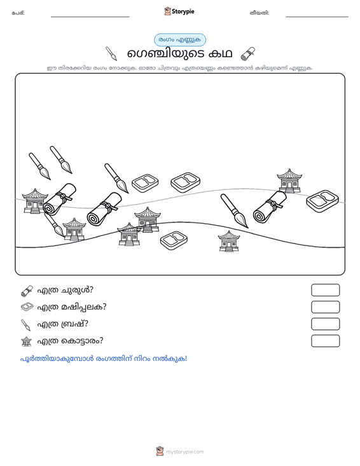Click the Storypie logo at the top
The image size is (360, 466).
pos(179,11)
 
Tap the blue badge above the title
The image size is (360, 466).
pos(180,40)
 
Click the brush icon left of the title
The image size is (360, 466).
pos(111,53)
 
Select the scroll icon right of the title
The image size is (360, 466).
pos(247,53)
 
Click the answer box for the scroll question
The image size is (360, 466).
pos(325,290)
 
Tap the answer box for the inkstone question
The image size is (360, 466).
pos(325,307)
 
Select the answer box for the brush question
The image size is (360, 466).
pos(325,324)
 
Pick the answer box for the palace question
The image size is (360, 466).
pos(325,341)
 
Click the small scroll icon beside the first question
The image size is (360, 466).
pos(27,291)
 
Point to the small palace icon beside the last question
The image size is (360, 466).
pos(27,341)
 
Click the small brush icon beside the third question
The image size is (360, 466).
pos(26,325)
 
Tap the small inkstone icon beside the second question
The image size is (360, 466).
pos(27,307)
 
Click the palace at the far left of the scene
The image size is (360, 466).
pos(35,201)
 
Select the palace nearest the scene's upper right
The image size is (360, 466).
pos(289,181)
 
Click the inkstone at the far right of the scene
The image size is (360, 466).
pos(322,201)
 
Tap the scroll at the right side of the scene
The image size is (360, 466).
pos(270,207)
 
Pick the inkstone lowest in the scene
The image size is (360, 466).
pos(174,240)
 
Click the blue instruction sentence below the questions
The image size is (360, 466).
pos(104,359)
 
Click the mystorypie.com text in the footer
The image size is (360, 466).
pos(185,452)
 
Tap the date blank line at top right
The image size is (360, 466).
pos(317,17)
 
